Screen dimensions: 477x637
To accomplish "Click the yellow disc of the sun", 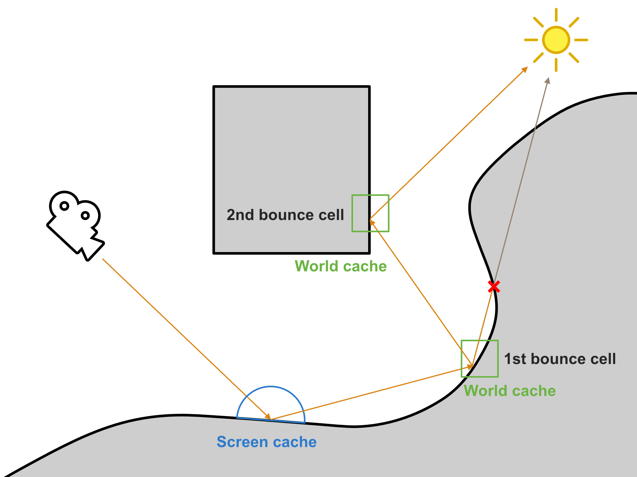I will click(x=556, y=40).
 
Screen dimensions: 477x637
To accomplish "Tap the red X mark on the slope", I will click(x=494, y=287).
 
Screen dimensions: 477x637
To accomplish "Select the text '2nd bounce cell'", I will click(x=285, y=215).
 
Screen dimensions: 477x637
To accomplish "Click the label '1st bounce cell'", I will click(x=560, y=359).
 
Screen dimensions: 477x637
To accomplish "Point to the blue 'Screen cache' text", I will click(x=266, y=442).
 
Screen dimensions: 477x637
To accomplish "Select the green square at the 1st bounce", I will click(x=480, y=358).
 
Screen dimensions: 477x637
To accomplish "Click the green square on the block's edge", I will click(x=370, y=213).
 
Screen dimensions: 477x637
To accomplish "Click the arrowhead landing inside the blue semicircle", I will click(x=268, y=416).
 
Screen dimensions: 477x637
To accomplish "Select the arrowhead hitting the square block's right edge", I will click(x=372, y=222).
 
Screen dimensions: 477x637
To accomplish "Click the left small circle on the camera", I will click(x=64, y=206).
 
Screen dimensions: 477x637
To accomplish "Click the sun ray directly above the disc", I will click(x=556, y=15).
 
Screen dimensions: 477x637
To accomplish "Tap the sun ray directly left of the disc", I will click(x=531, y=40).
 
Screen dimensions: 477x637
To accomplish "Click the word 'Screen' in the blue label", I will click(x=242, y=442).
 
